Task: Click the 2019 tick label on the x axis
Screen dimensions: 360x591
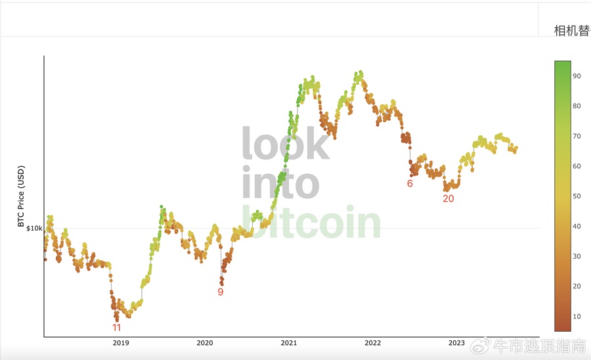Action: (121, 342)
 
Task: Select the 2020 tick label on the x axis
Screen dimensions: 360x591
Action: (205, 342)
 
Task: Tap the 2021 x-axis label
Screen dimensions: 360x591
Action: (289, 342)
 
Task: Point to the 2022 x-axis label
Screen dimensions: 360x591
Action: (372, 342)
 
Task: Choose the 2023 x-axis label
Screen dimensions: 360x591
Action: (456, 342)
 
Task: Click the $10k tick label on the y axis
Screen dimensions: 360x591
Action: (34, 228)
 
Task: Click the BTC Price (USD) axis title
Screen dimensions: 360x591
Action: (20, 196)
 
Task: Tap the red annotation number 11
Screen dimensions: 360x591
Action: (116, 327)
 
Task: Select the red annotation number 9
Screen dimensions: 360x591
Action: (221, 292)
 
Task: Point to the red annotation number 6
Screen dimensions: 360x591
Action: (410, 183)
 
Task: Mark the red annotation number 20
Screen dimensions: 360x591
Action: (448, 198)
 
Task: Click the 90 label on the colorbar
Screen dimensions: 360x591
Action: (577, 76)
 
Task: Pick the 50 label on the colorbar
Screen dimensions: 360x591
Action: (577, 196)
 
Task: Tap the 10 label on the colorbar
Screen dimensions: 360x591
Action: (577, 316)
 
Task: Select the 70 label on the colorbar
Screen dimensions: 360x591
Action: (577, 136)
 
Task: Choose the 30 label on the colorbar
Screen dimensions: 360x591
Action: (577, 256)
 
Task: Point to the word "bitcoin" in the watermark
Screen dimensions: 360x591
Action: (311, 223)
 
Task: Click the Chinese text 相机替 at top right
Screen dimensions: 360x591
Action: (571, 31)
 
